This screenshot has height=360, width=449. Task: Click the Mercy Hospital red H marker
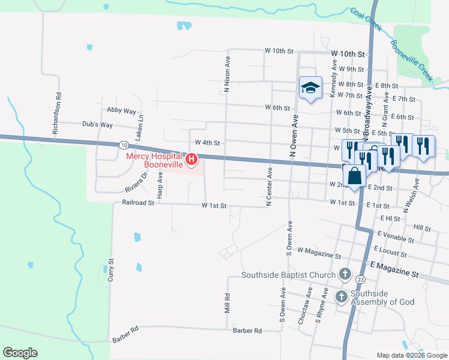(x=191, y=160)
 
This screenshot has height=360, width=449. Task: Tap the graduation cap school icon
(x=310, y=88)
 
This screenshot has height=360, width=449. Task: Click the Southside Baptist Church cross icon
(x=345, y=275)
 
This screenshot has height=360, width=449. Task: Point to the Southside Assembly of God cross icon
(x=341, y=296)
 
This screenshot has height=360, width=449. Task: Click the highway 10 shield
(x=124, y=145)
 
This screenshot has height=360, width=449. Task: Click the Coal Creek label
(x=366, y=20)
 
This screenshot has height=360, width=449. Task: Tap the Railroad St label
(x=138, y=203)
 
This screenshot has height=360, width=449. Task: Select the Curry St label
(x=111, y=271)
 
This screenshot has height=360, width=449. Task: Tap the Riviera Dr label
(x=135, y=182)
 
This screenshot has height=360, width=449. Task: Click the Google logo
(x=20, y=353)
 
